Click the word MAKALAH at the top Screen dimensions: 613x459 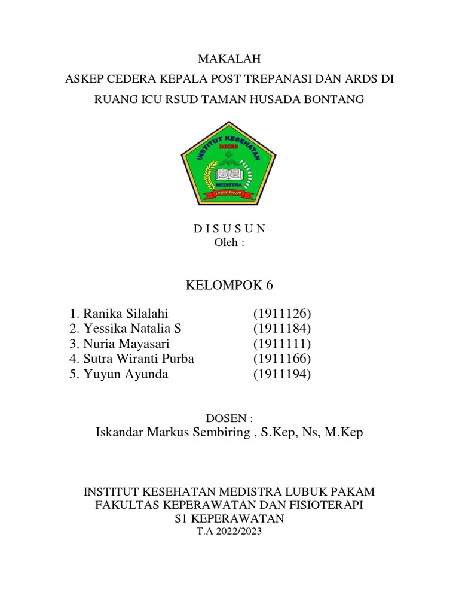click(229, 59)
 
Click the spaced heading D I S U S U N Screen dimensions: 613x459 click(229, 229)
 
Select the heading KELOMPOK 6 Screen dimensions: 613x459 click(229, 285)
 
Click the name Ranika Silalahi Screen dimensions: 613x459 click(126, 314)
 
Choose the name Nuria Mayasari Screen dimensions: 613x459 click(127, 344)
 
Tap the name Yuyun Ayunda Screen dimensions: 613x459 click(126, 374)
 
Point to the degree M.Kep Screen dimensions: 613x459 click(343, 433)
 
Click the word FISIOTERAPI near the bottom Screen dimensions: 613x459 click(324, 505)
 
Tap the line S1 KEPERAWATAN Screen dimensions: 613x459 click(229, 518)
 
